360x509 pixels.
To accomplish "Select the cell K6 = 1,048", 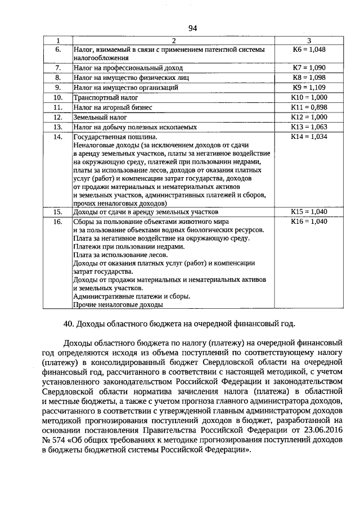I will [x=309, y=49].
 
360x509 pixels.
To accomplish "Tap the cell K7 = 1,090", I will [x=309, y=67].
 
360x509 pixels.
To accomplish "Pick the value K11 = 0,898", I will [x=309, y=107].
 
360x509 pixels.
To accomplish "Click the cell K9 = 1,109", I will [x=309, y=88].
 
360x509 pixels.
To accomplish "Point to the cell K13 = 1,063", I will [x=309, y=127].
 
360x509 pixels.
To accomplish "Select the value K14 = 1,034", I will [x=309, y=137].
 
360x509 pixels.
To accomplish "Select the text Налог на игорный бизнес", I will [x=112, y=107].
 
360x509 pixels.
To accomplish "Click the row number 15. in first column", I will [x=57, y=212].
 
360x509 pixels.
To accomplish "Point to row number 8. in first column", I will [x=57, y=78].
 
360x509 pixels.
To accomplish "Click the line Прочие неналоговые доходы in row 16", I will [x=118, y=305].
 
